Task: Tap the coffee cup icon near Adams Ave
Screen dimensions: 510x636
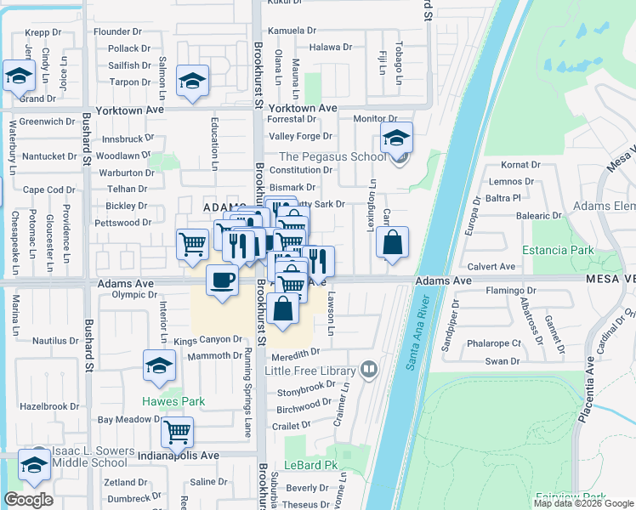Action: click(x=222, y=280)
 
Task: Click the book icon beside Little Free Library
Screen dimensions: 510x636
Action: click(x=369, y=370)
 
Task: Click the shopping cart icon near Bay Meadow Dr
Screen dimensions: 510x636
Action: click(x=177, y=431)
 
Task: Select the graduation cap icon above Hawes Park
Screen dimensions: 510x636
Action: click(x=159, y=365)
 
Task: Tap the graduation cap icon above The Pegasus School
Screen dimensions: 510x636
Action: click(x=396, y=137)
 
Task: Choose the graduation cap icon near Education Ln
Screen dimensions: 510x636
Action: click(x=193, y=82)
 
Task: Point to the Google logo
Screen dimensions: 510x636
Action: click(x=28, y=500)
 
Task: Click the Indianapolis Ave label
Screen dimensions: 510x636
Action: click(x=179, y=456)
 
